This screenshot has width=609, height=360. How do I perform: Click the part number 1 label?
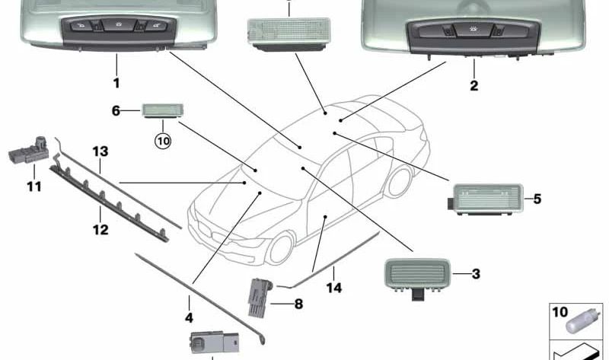tap(116, 83)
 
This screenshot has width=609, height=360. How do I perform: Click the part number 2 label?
tap(473, 86)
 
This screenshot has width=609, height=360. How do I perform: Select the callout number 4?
tap(189, 317)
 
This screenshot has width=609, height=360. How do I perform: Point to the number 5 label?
tap(537, 199)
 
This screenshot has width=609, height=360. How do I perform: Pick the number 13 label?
tap(100, 151)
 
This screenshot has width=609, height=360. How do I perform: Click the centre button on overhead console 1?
tap(117, 24)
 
